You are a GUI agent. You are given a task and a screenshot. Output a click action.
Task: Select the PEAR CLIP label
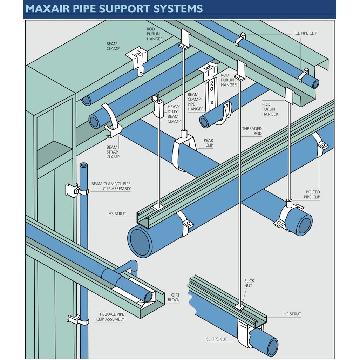[x=209, y=143]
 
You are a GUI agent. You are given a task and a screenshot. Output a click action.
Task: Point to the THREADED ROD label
[x=252, y=131]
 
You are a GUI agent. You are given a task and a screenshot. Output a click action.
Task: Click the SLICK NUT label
[x=249, y=283]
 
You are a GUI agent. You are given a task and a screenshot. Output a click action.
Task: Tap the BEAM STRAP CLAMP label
[x=113, y=152]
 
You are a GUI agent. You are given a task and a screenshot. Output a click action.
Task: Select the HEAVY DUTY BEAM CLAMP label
[x=174, y=114]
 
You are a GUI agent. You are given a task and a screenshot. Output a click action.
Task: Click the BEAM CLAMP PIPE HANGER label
[x=195, y=102]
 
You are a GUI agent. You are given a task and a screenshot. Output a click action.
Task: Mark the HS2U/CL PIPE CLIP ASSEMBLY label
[x=110, y=317]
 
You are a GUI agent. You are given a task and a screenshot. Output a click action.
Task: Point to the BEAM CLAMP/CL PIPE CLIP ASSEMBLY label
[x=111, y=186]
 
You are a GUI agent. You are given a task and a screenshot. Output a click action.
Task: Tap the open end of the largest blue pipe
[x=140, y=241]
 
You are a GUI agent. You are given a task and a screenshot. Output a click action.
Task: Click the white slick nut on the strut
[x=240, y=307]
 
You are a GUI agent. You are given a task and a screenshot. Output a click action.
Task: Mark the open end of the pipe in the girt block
[x=149, y=297]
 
